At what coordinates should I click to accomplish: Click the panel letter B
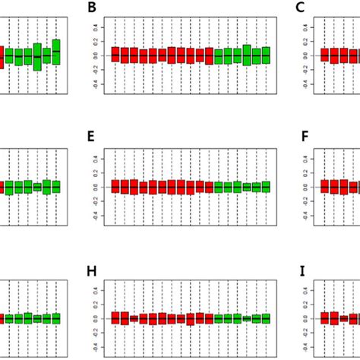pos(92,8)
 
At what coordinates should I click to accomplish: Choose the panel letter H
pos(92,270)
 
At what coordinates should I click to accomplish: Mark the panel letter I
pos(303,270)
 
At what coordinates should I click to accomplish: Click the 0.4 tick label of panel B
pos(96,27)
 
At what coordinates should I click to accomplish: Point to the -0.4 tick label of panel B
pos(96,84)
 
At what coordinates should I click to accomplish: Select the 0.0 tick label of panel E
pos(96,187)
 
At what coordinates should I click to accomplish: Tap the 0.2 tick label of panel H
pos(96,304)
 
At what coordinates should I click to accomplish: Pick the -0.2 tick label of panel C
pos(306,69)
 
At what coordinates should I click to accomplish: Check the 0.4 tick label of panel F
pos(306,159)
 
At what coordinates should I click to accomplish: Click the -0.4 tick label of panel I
pos(306,346)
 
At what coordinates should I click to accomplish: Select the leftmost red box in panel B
pos(115,55)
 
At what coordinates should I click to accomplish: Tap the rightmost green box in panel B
pos(265,55)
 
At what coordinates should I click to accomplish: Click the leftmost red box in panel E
pos(115,186)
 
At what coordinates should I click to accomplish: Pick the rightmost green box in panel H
pos(265,318)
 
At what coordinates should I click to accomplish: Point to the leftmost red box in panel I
pos(325,318)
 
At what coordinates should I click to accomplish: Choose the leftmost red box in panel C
pos(325,55)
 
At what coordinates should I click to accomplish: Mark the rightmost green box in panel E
pos(265,186)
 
